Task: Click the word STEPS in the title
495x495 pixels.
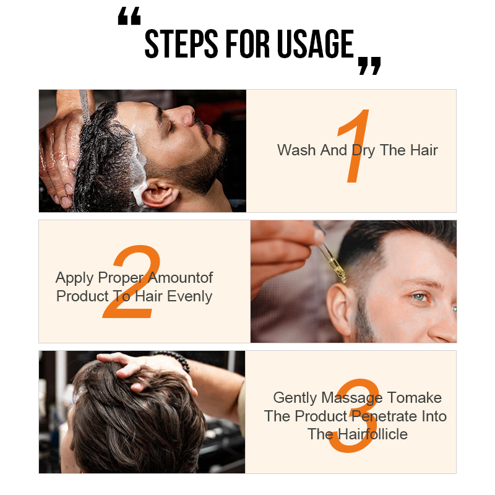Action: coord(181,43)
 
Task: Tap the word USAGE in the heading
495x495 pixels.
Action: coord(316,43)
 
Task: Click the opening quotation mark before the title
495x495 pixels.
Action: coord(129,16)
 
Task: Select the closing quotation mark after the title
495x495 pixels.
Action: coord(369,66)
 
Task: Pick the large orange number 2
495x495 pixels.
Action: coord(132,281)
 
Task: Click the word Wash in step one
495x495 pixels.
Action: coord(296,150)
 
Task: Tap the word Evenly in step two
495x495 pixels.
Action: coord(189,297)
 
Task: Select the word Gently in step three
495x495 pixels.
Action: coord(295,398)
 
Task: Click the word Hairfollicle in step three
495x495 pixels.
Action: coord(372,434)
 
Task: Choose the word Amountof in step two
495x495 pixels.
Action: coord(180,277)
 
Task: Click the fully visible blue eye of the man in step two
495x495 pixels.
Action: coord(420,297)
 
